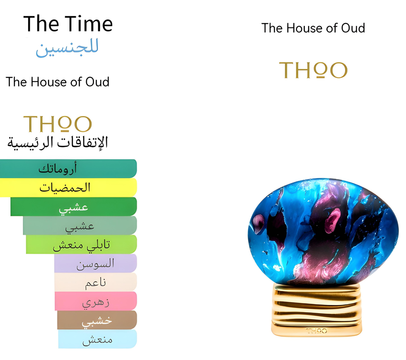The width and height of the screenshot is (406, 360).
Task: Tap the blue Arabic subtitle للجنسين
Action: coord(67,48)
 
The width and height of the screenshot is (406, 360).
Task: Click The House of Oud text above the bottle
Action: coord(313,28)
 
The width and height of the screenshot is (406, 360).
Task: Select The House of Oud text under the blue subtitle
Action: coord(57,82)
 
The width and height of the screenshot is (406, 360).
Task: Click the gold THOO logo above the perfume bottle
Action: coord(313,70)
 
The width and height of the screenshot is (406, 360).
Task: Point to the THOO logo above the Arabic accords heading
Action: coord(57,124)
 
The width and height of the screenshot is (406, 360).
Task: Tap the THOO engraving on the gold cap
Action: coord(316,330)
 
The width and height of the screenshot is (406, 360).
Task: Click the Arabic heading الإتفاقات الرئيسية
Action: coord(57,143)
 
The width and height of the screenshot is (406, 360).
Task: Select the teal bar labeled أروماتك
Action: coord(68,169)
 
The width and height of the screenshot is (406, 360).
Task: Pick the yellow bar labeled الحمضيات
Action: coord(68,187)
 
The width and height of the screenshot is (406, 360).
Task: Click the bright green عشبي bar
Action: coord(74,206)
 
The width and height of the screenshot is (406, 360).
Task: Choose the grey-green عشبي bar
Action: coord(80,226)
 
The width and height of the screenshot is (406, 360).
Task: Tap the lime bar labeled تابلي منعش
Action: coord(81,244)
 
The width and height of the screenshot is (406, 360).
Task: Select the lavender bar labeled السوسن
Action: coord(95,263)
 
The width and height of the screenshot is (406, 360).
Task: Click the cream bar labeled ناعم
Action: coord(95,282)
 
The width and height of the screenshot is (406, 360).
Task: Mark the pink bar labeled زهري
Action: coord(96,301)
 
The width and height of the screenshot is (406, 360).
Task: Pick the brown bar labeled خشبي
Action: coord(97,320)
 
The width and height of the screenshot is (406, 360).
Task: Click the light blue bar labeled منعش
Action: coord(97,339)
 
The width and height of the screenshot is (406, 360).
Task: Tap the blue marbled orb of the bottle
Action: coord(323,234)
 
